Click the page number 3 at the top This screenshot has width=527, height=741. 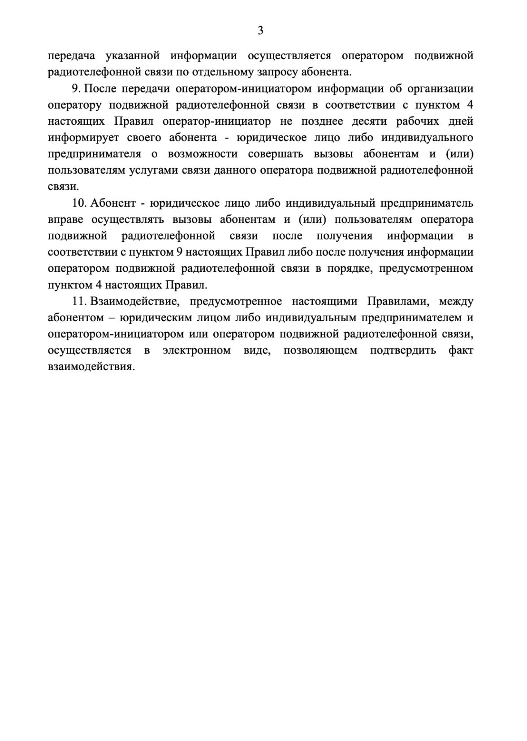260,31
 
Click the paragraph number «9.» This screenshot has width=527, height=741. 77,89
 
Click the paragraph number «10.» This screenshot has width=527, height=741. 79,203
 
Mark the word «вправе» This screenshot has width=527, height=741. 64,219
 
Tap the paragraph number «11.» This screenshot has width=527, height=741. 79,301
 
